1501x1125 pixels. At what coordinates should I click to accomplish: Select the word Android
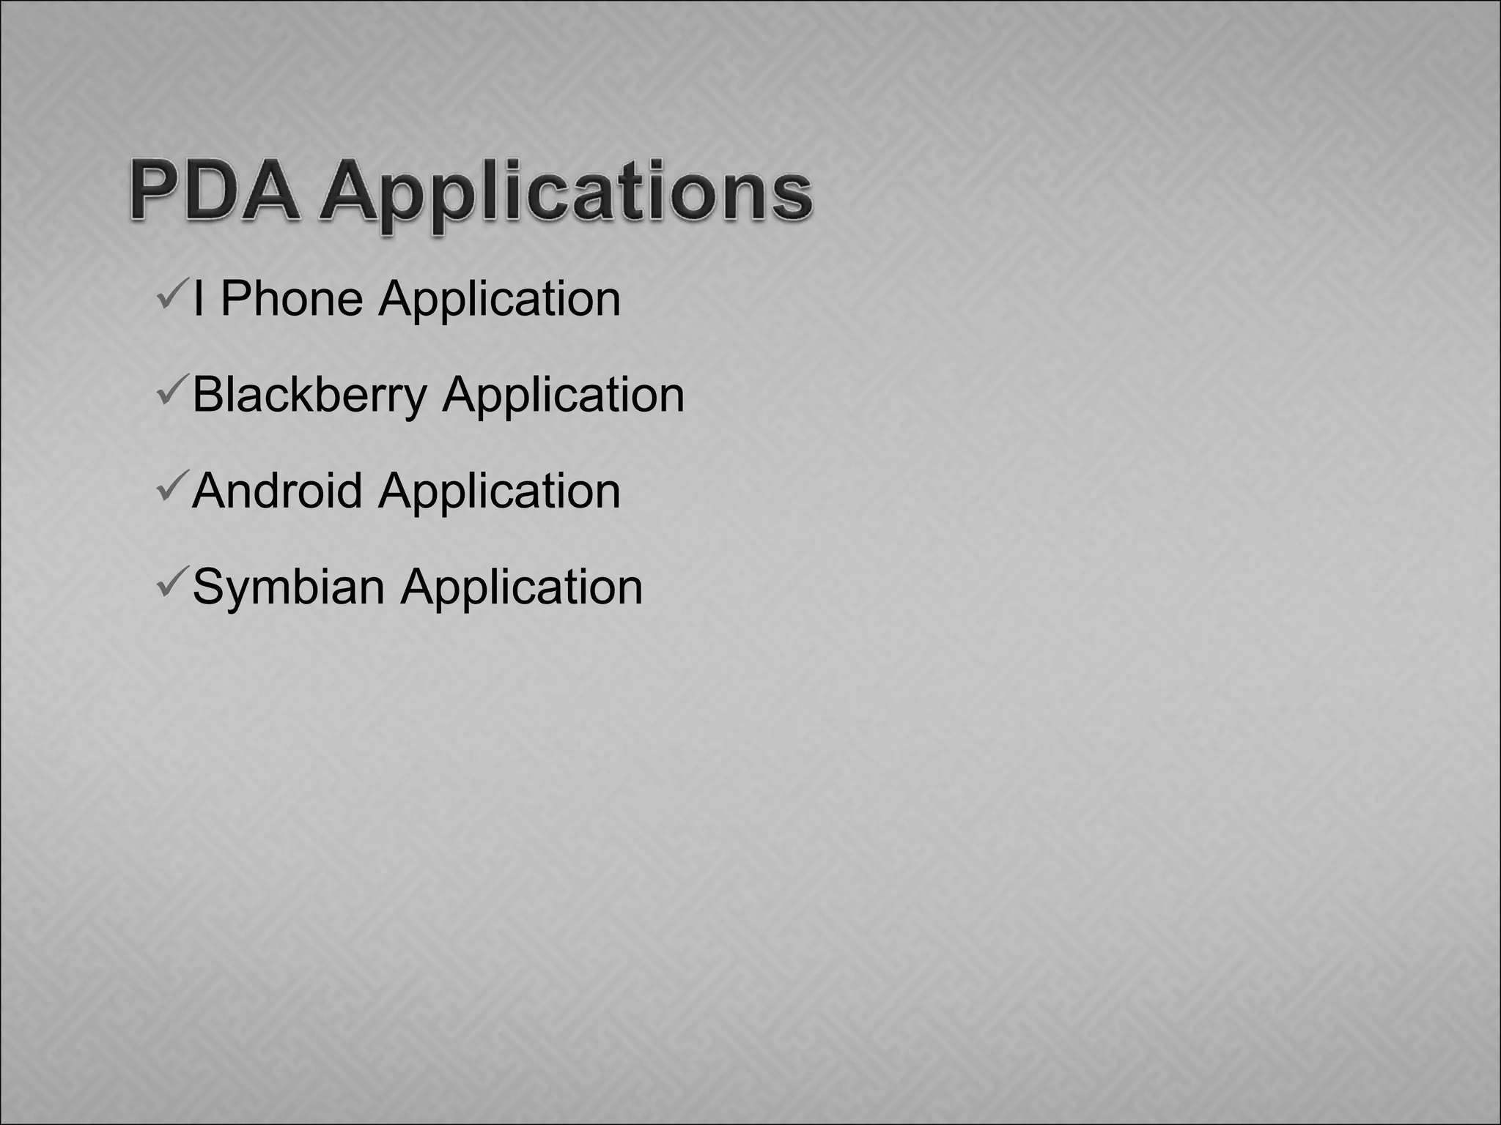[277, 490]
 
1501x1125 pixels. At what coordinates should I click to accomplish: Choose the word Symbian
[288, 587]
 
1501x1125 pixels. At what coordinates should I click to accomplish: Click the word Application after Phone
[499, 300]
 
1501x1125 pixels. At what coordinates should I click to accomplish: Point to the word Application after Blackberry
[563, 396]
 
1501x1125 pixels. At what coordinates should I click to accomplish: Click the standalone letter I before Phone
[198, 299]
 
